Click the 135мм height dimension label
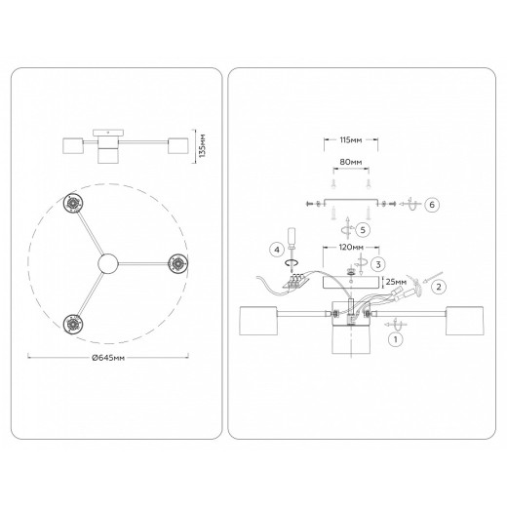click(202, 145)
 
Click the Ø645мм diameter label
click(108, 358)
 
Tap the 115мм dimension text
click(351, 140)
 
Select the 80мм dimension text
click(351, 162)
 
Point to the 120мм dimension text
click(351, 248)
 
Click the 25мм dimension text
click(396, 282)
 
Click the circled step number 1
click(396, 339)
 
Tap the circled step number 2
click(439, 287)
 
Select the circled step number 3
click(378, 264)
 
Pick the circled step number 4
click(277, 250)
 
